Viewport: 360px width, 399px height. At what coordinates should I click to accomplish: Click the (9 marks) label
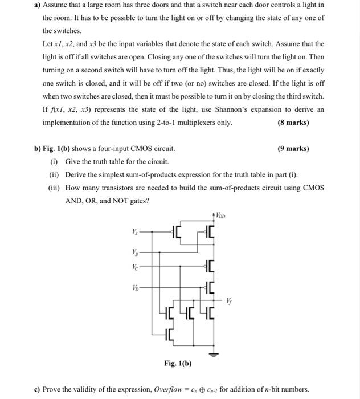pyautogui.click(x=293, y=149)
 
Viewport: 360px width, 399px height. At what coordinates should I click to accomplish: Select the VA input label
pyautogui.click(x=134, y=231)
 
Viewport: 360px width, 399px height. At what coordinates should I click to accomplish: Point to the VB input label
pyautogui.click(x=134, y=251)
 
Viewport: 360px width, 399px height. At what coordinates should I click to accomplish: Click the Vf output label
pyautogui.click(x=229, y=300)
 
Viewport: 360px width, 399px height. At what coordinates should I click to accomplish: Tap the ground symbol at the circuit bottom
pyautogui.click(x=214, y=355)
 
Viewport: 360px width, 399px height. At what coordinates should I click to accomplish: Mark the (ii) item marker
pyautogui.click(x=55, y=174)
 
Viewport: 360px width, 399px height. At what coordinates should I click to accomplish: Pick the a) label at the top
pyautogui.click(x=37, y=5)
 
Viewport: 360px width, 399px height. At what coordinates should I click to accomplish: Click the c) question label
pyautogui.click(x=37, y=389)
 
